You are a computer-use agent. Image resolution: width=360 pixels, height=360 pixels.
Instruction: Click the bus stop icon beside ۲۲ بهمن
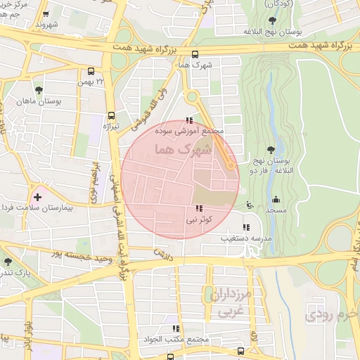click(x=91, y=71)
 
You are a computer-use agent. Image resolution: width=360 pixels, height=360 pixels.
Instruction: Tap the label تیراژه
click(x=112, y=127)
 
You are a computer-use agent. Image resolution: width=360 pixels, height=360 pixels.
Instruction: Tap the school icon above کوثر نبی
click(x=200, y=209)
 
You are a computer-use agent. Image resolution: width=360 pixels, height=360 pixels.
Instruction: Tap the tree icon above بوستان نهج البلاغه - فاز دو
click(x=271, y=149)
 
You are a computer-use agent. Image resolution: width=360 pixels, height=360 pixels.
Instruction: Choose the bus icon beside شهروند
click(x=46, y=13)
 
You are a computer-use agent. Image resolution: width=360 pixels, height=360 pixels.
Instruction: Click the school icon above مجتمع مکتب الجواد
click(x=176, y=328)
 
